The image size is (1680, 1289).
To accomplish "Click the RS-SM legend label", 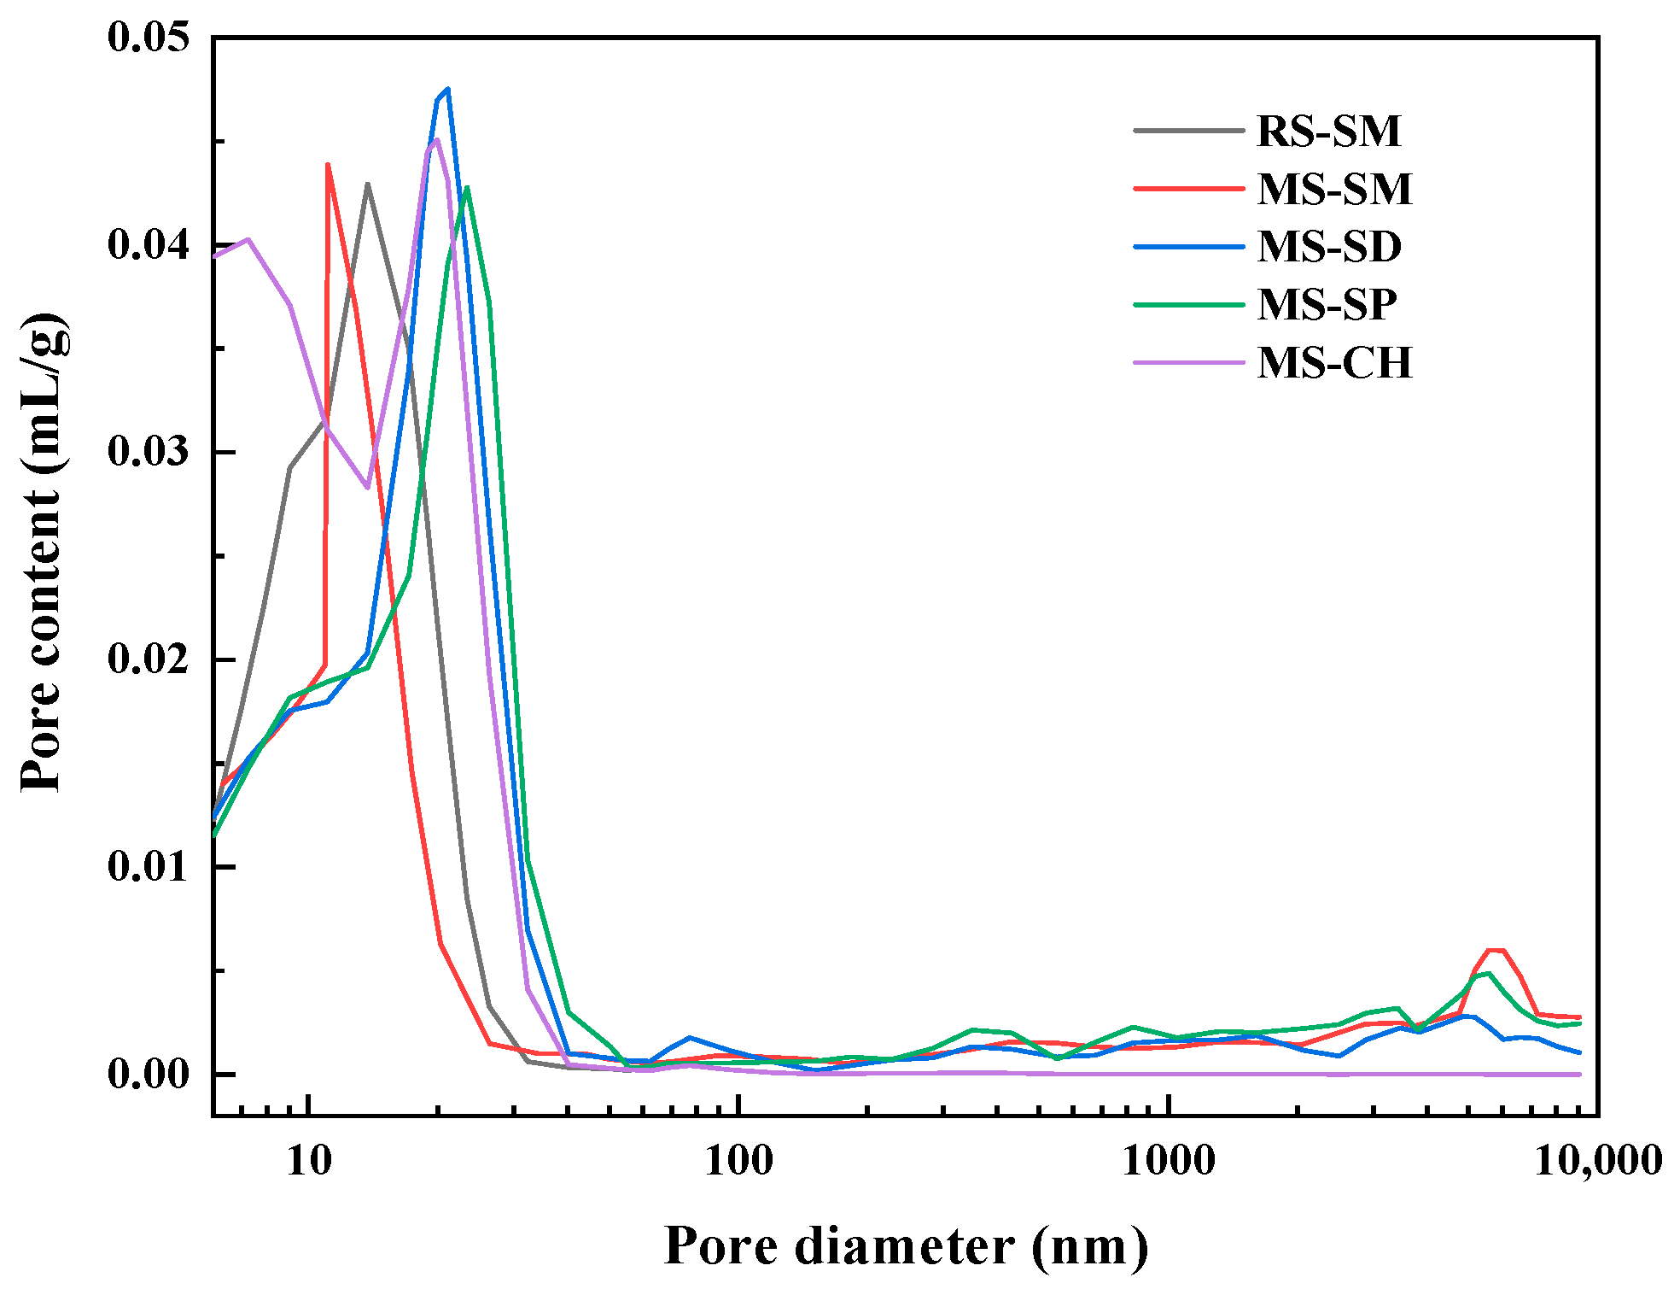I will pyautogui.click(x=1328, y=131).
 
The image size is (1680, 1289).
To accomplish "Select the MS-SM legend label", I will pyautogui.click(x=1334, y=189).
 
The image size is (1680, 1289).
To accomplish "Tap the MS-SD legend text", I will pyautogui.click(x=1329, y=247).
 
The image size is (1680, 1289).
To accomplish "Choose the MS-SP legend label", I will pyautogui.click(x=1327, y=305).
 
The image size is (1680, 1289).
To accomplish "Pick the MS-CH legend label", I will pyautogui.click(x=1334, y=363).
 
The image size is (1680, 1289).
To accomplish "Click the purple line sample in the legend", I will pyautogui.click(x=1188, y=363).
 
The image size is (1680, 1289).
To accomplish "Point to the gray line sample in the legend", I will pyautogui.click(x=1188, y=131).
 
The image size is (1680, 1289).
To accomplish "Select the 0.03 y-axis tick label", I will pyautogui.click(x=148, y=452).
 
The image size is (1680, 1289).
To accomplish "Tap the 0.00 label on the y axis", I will pyautogui.click(x=148, y=1074).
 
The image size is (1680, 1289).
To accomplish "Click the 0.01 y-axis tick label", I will pyautogui.click(x=148, y=866).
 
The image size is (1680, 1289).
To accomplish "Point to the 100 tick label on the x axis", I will pyautogui.click(x=738, y=1161).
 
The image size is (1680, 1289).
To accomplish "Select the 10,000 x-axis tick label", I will pyautogui.click(x=1597, y=1161).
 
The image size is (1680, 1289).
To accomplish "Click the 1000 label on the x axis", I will pyautogui.click(x=1168, y=1161).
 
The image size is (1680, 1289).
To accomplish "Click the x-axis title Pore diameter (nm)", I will pyautogui.click(x=906, y=1246).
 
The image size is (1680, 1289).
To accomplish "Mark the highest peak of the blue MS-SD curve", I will pyautogui.click(x=447, y=89).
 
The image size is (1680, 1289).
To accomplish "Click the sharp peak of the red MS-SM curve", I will pyautogui.click(x=328, y=165).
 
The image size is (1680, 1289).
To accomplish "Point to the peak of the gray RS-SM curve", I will pyautogui.click(x=367, y=184).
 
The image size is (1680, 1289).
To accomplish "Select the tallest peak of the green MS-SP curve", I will pyautogui.click(x=467, y=188).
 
